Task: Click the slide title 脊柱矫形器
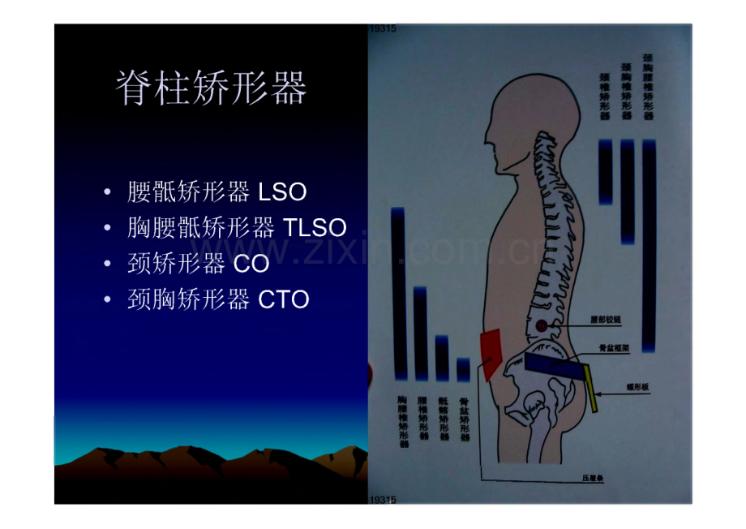(212, 88)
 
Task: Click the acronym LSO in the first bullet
(282, 193)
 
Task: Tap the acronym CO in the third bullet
(251, 264)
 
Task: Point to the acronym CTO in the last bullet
(284, 300)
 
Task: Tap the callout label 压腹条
(594, 478)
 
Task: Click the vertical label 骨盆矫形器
(464, 418)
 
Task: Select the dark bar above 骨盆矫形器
(464, 370)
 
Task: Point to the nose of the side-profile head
(489, 138)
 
